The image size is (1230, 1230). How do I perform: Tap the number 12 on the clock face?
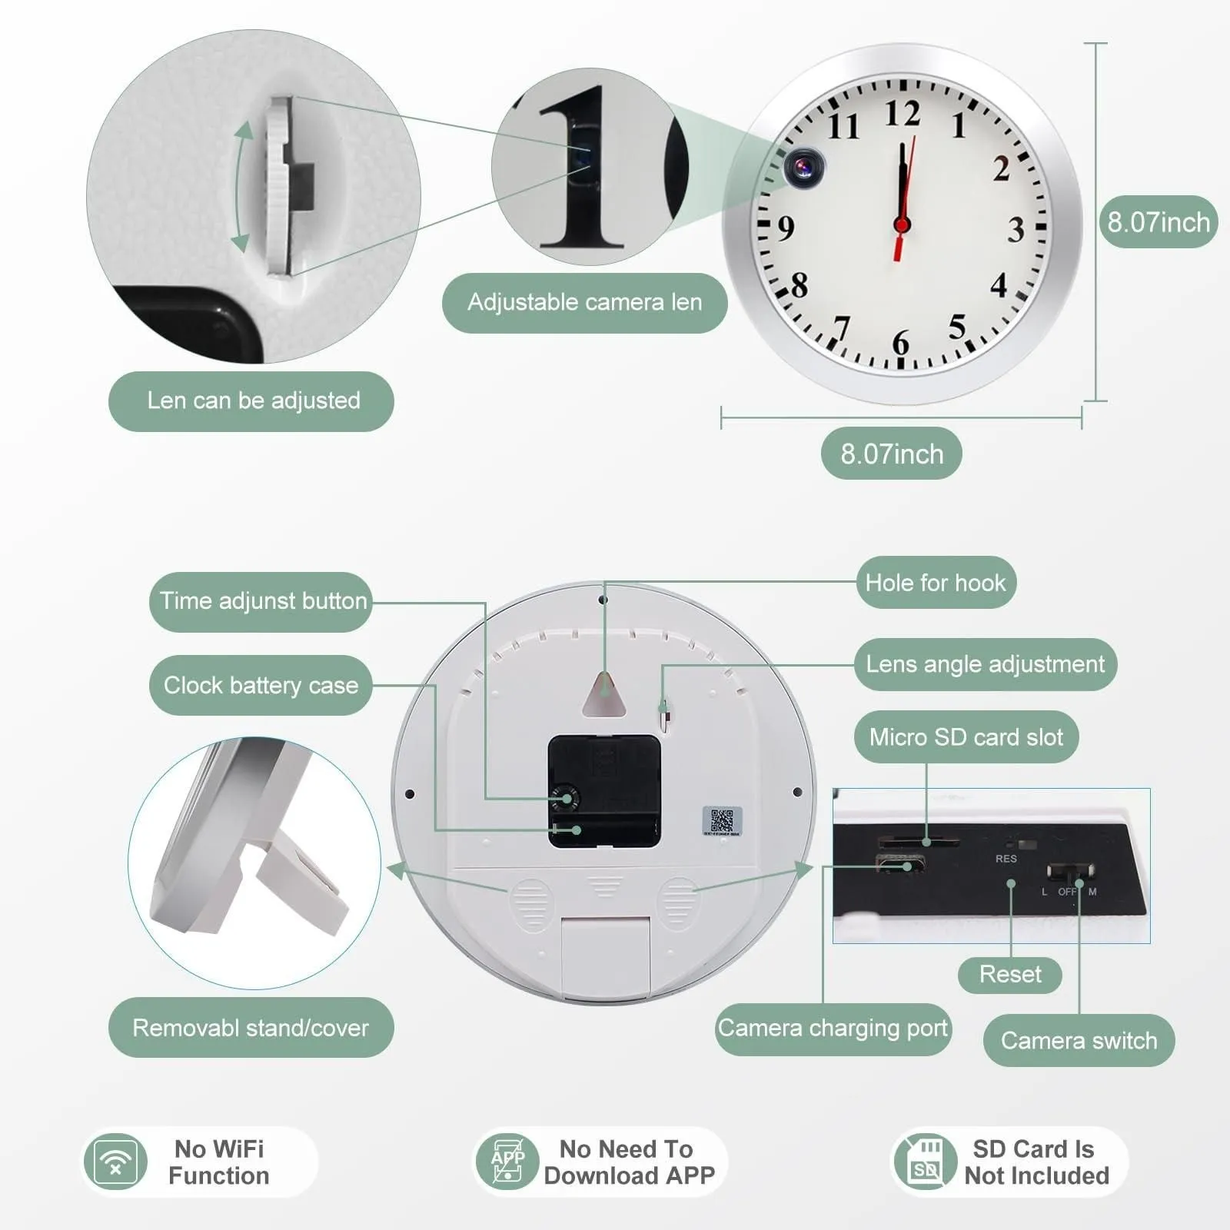[x=902, y=114]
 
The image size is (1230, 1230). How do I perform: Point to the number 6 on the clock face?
[x=900, y=343]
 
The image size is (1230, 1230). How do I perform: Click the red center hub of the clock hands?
[x=902, y=224]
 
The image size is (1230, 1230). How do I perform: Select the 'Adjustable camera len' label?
[x=584, y=302]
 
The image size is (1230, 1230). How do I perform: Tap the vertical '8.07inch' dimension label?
[x=1159, y=221]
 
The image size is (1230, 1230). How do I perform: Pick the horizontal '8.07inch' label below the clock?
[x=892, y=454]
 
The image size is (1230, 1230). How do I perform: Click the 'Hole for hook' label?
[x=936, y=583]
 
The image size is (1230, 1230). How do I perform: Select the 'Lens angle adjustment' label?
[x=985, y=664]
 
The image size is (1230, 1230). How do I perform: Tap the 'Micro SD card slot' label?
[x=966, y=737]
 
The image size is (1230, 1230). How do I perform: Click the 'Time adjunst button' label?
[x=261, y=601]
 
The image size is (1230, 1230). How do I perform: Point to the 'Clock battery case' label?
[x=261, y=685]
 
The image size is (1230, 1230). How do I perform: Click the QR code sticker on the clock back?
[x=723, y=821]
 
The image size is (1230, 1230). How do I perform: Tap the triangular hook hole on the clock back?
[x=604, y=694]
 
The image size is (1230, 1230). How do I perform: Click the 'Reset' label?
[x=1010, y=975]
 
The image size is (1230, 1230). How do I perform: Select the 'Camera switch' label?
[x=1079, y=1041]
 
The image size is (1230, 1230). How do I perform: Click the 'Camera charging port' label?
[x=833, y=1029]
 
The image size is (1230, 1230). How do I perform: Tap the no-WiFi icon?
[x=115, y=1162]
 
